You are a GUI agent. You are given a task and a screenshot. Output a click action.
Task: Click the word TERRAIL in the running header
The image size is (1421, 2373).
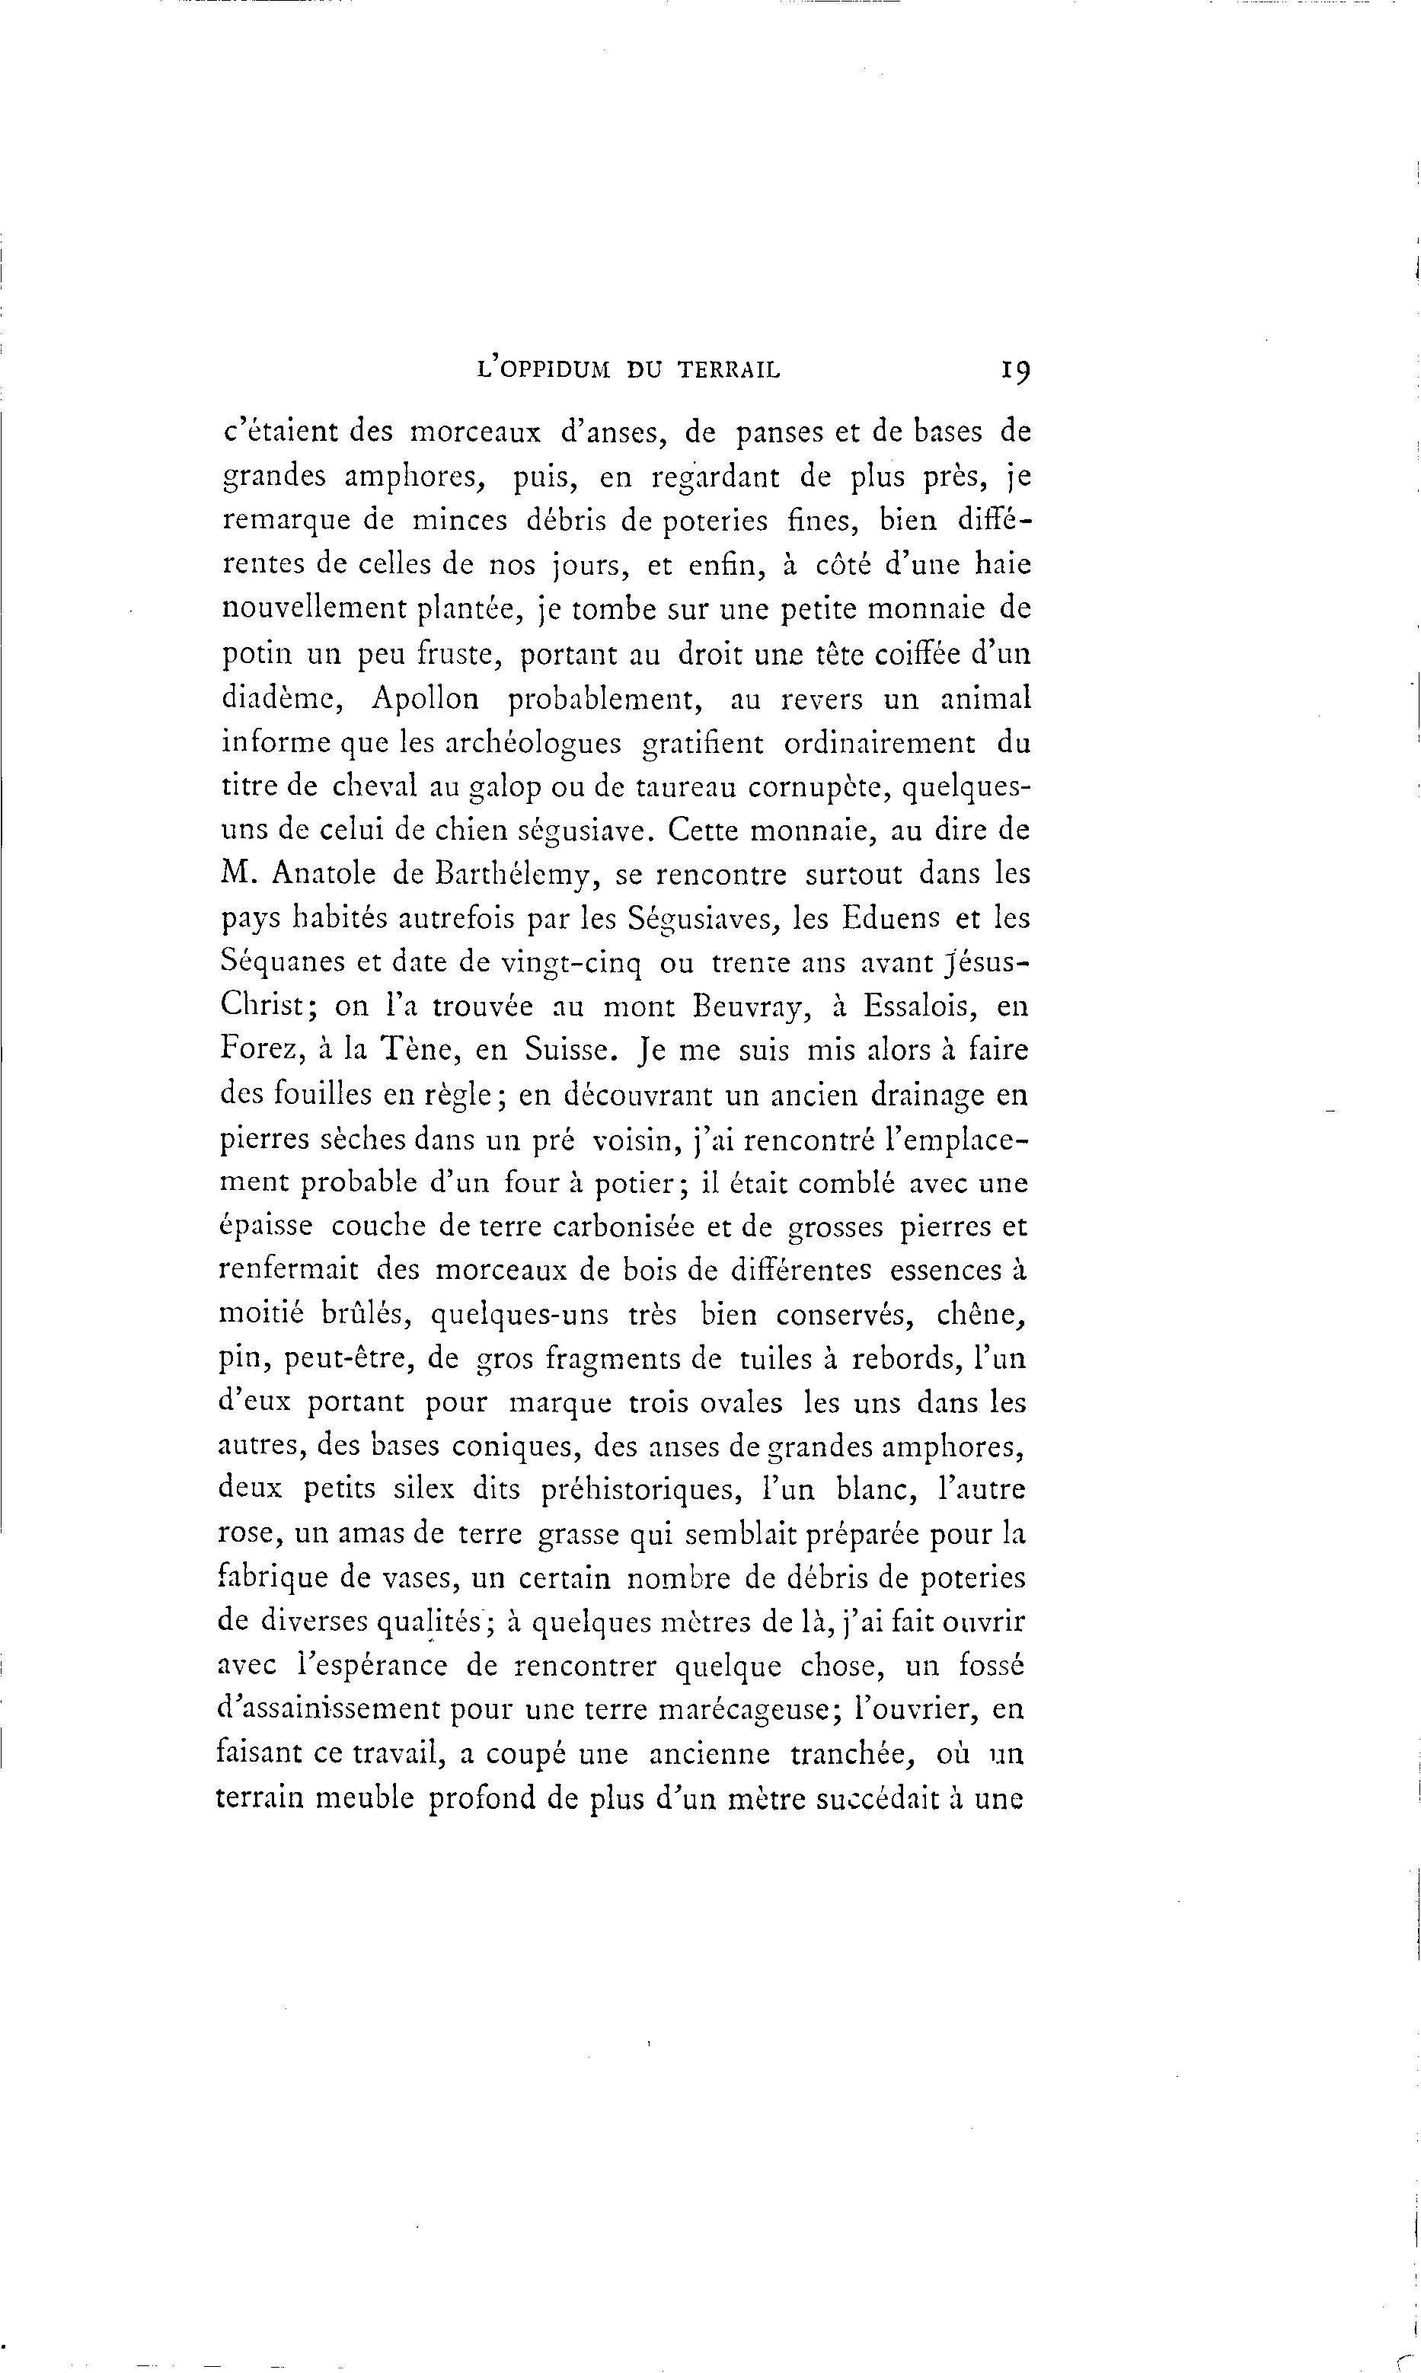(x=729, y=368)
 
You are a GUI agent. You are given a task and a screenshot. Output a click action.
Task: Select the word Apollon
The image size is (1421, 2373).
(x=424, y=700)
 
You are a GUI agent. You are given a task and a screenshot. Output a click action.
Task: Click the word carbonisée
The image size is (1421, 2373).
(x=607, y=1227)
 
